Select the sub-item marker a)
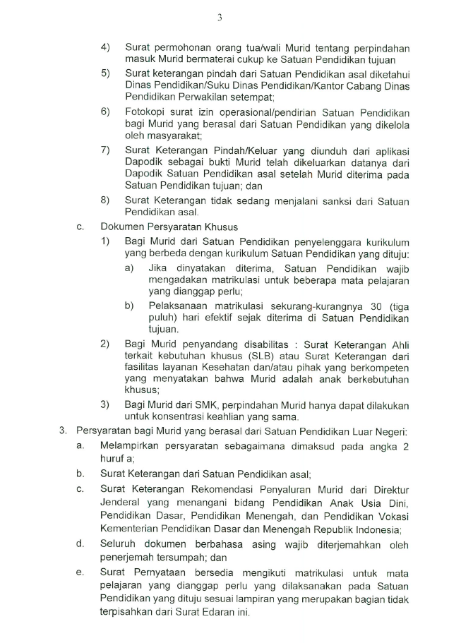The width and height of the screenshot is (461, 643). tap(130, 268)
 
